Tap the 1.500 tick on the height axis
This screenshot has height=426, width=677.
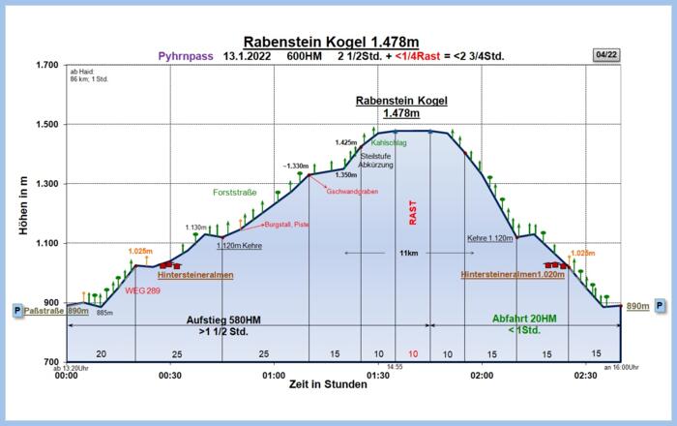point(45,125)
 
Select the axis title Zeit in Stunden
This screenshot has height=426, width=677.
point(328,384)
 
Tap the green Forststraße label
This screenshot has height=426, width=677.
point(235,192)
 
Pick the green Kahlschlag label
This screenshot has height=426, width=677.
point(389,143)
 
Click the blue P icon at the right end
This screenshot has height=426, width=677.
point(660,305)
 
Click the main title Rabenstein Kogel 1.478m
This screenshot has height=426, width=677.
point(331,42)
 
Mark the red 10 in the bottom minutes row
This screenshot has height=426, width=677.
point(413,354)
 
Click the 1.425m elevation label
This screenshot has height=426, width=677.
point(347,142)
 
